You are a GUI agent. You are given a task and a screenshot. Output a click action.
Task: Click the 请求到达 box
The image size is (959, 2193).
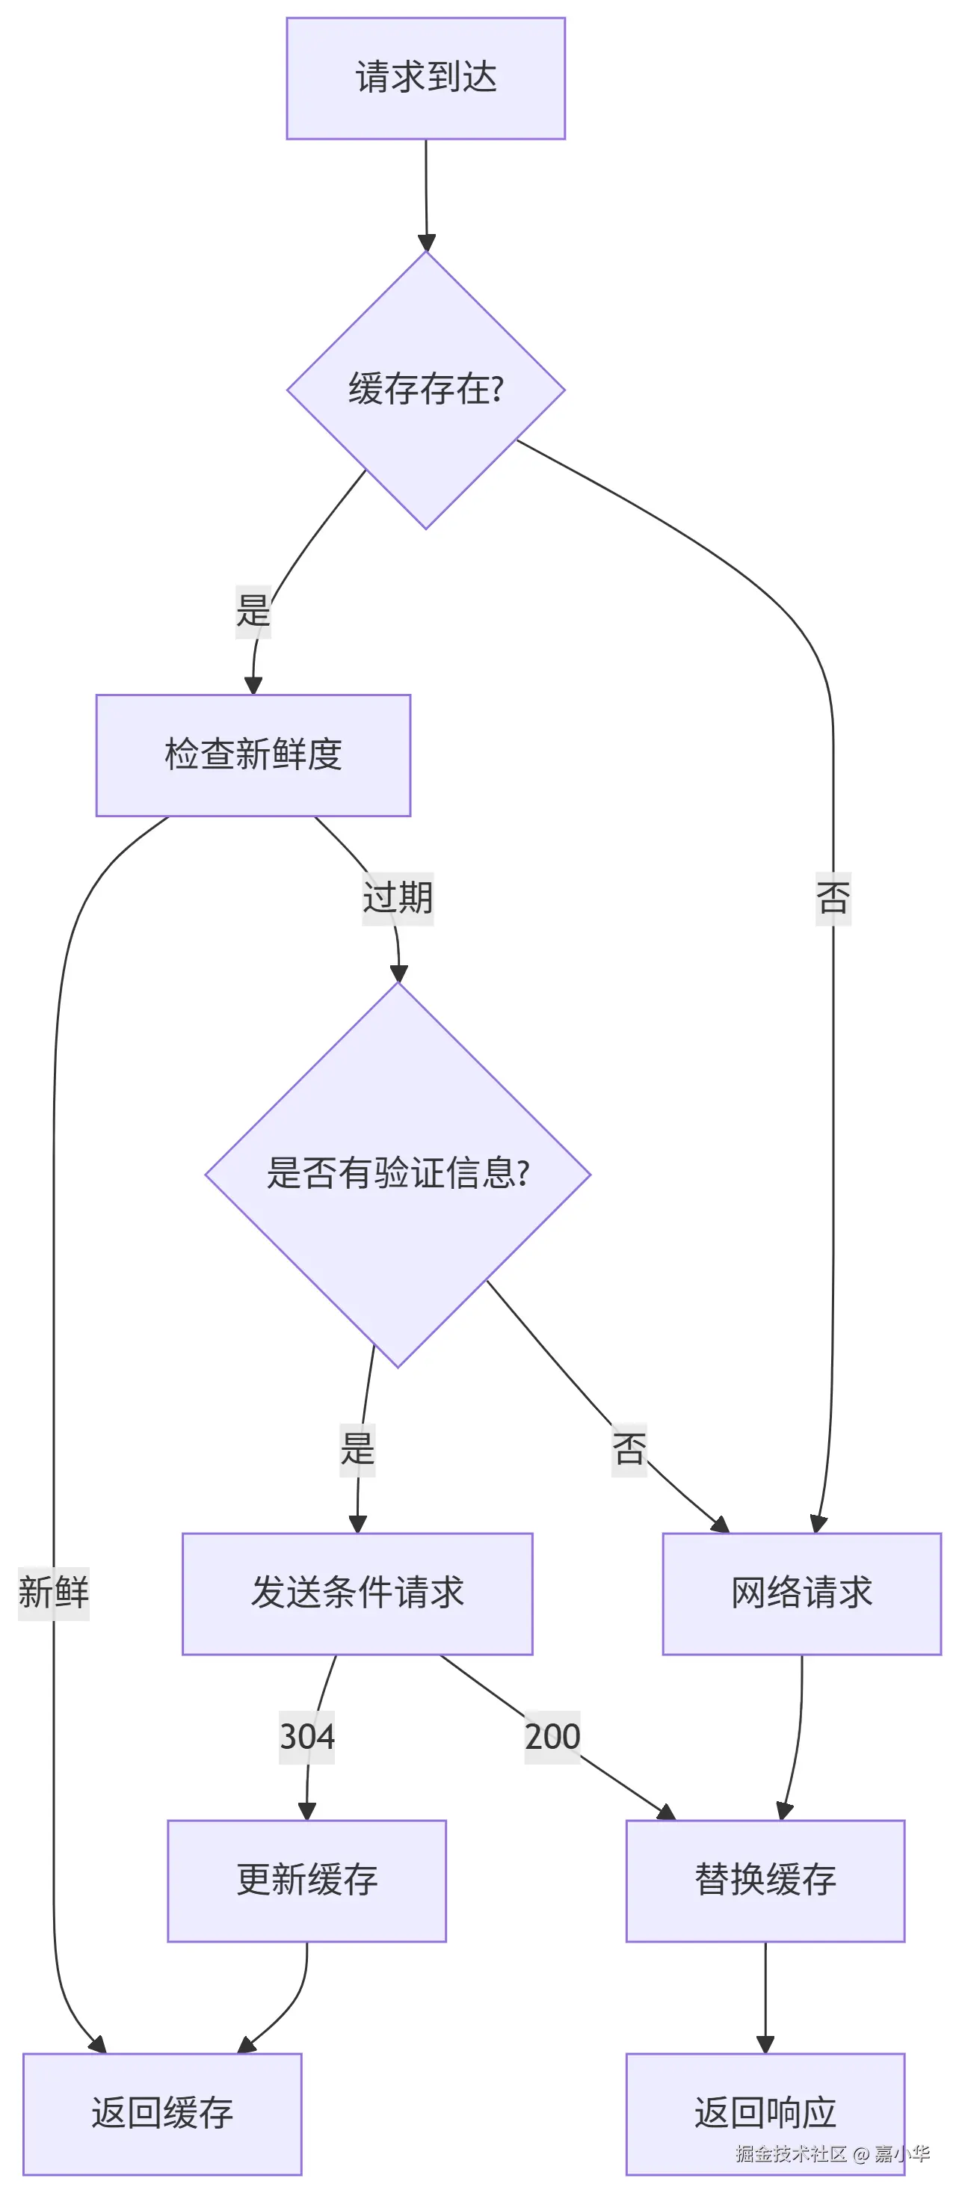(425, 79)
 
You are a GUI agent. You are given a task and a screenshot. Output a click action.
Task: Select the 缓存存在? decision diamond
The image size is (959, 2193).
(425, 390)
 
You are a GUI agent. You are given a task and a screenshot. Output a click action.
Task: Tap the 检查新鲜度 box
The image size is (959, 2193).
(253, 755)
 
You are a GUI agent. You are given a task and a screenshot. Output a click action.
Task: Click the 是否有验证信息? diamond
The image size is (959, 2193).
(398, 1174)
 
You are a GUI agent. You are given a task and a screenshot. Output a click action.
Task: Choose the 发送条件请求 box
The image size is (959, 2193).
(357, 1593)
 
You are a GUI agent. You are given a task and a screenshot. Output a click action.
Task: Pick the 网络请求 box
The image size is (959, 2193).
(801, 1593)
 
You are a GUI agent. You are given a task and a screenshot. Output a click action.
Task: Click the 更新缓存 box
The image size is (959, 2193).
(306, 1880)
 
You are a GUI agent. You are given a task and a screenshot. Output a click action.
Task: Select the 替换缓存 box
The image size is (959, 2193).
(765, 1880)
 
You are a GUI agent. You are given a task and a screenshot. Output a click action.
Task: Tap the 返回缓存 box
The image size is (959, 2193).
(161, 2113)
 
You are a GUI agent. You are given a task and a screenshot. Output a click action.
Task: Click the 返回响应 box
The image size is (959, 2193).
(765, 2113)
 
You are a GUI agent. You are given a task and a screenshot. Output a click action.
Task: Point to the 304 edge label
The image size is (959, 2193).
(307, 1737)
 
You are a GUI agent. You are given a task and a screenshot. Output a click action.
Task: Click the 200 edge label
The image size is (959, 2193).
(552, 1737)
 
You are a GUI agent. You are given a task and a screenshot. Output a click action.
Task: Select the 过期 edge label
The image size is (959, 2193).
(398, 898)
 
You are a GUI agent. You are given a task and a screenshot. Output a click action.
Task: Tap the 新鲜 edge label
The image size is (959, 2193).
(54, 1593)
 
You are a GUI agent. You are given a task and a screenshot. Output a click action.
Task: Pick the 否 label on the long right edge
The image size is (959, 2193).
(833, 898)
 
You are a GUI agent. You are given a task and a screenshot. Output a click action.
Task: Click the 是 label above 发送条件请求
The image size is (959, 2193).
(357, 1449)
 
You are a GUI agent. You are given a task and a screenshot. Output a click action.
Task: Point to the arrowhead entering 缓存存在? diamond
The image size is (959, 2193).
(426, 242)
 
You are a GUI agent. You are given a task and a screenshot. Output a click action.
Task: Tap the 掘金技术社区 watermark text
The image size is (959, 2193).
(792, 2154)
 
